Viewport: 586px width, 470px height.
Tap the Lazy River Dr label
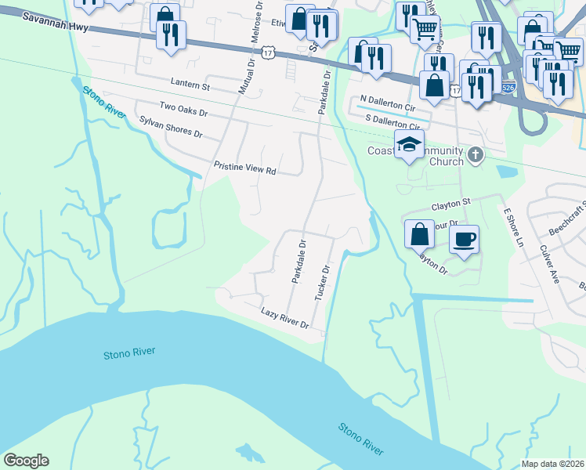coord(285,318)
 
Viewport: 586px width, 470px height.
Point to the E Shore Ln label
coord(513,228)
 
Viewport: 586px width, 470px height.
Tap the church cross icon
coord(474,156)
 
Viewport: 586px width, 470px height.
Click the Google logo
coord(26,461)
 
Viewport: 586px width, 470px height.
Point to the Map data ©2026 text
coord(552,464)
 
